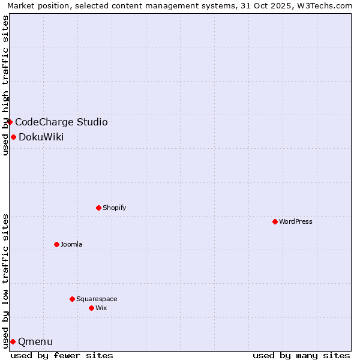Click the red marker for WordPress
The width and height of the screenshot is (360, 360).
coord(275,221)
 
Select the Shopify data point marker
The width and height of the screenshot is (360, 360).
coord(98,208)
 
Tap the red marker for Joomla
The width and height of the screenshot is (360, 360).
coord(56,244)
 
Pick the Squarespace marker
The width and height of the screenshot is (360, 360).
coord(72,299)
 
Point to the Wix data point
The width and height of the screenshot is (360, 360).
coord(91,308)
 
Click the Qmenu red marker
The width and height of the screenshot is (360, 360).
coord(13,341)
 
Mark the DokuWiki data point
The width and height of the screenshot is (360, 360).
coord(13,137)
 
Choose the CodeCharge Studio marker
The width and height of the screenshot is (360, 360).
coord(10,122)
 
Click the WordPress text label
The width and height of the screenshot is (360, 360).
coord(296,221)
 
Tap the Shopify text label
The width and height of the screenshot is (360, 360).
coord(114,208)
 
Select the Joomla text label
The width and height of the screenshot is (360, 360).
coord(71,244)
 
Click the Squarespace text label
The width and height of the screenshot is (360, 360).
coord(97,299)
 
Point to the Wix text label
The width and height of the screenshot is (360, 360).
coord(101,308)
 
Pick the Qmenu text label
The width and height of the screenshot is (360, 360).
coord(35,342)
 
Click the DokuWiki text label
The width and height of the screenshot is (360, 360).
coord(41,137)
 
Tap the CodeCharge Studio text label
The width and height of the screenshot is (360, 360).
coord(61,122)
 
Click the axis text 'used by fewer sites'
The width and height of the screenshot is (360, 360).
coord(62,355)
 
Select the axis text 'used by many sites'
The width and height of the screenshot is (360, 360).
coord(301,355)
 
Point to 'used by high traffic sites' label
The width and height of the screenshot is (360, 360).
coord(5,85)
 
